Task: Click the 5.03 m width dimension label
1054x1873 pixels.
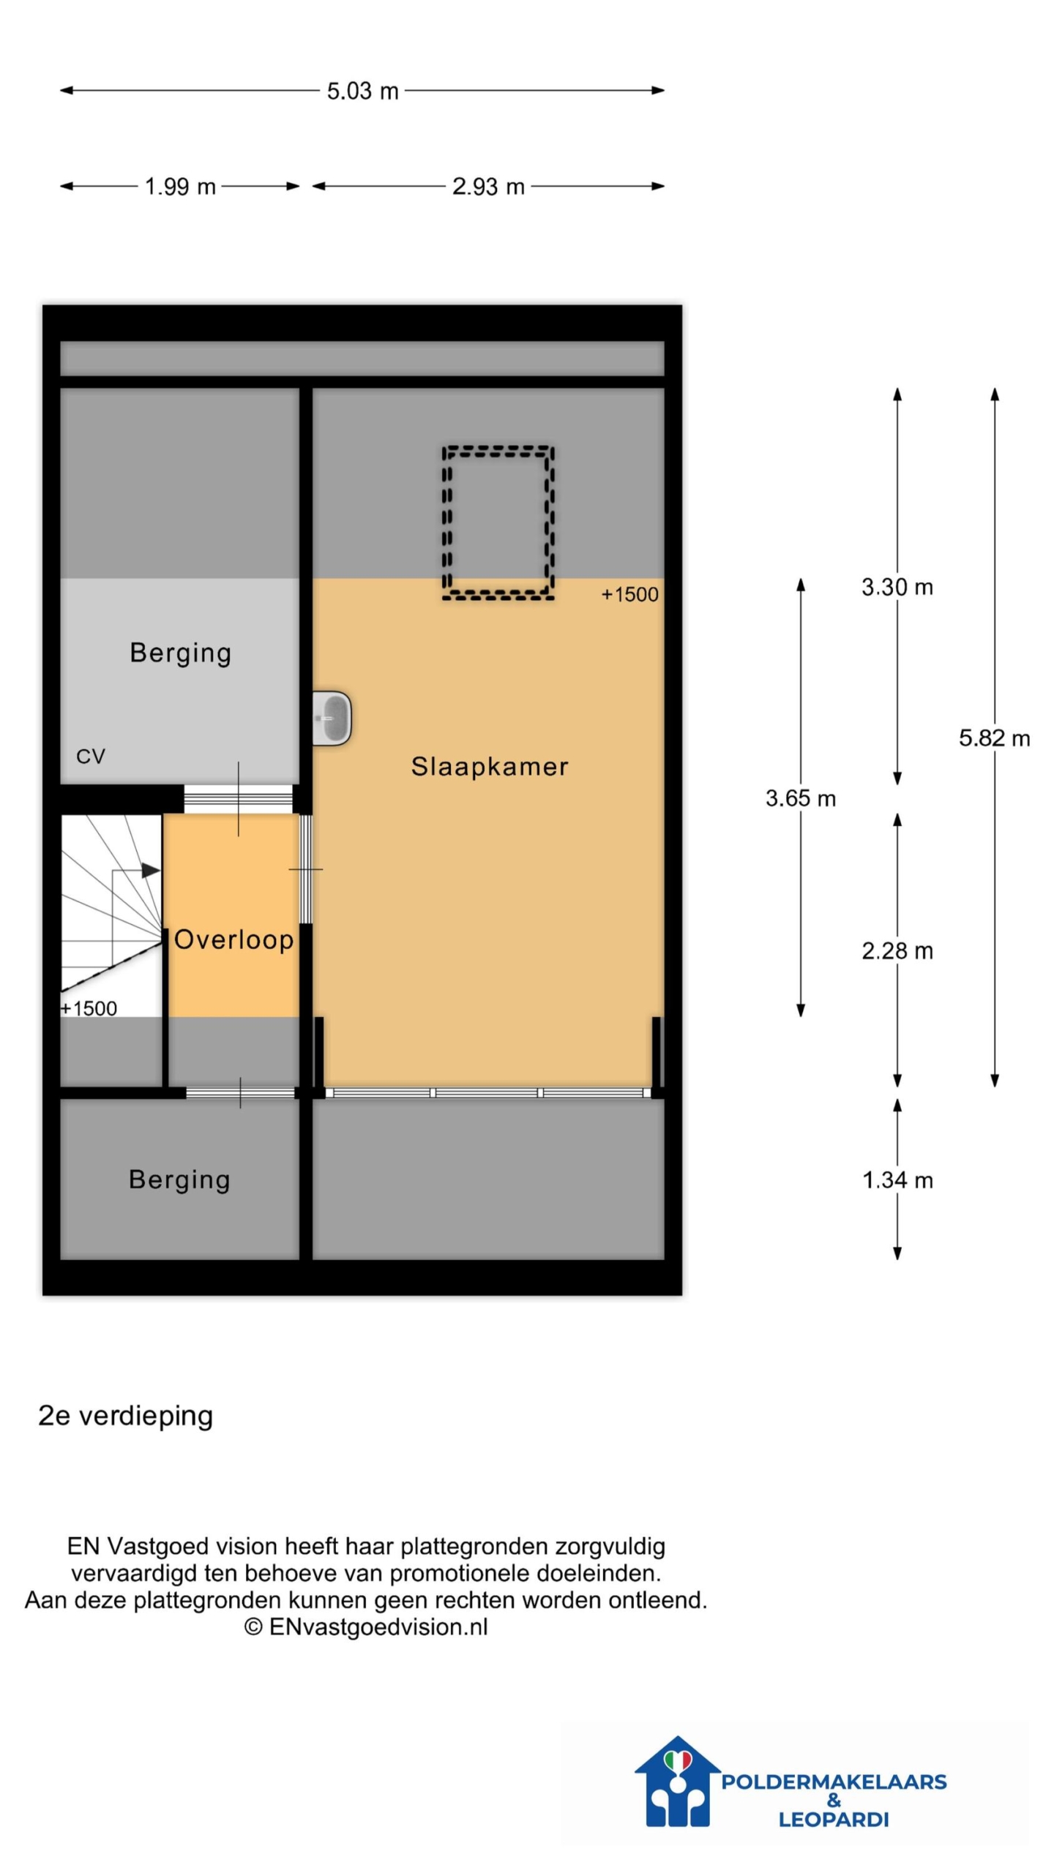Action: (x=362, y=91)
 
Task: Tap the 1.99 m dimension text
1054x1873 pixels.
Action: (x=180, y=187)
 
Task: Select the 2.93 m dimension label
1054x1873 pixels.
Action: (x=488, y=187)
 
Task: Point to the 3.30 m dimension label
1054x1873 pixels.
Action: (x=897, y=587)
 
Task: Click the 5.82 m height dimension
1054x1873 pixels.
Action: (x=994, y=737)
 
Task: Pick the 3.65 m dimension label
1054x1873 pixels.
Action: (x=800, y=797)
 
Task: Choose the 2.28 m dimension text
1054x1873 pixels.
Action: (x=897, y=950)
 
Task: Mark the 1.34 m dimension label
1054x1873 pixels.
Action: (x=897, y=1179)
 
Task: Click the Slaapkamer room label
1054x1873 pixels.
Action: (x=489, y=766)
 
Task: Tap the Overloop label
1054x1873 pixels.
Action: (x=233, y=939)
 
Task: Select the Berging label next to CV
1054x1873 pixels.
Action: (x=180, y=653)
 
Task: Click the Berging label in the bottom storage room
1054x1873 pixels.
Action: (x=179, y=1180)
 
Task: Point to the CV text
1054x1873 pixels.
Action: (x=91, y=756)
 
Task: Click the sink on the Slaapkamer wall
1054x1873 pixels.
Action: (x=332, y=718)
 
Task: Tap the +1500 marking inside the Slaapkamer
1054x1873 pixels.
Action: (x=629, y=594)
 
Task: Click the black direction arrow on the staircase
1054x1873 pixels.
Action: (x=150, y=870)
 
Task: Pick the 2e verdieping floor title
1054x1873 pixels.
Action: (x=125, y=1415)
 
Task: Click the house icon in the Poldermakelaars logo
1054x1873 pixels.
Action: (x=677, y=1780)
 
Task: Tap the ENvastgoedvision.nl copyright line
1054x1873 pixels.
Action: (x=365, y=1626)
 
